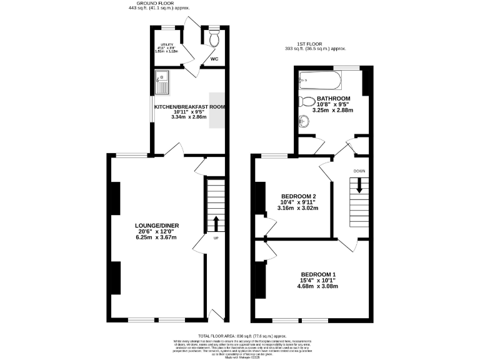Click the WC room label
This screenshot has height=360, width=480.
click(x=214, y=59)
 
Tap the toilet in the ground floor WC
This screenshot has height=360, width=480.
click(x=214, y=40)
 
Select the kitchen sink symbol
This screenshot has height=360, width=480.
click(x=164, y=80)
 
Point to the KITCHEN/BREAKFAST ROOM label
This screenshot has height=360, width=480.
click(x=189, y=107)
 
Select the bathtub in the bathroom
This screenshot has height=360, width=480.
click(x=320, y=80)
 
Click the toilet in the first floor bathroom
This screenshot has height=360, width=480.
click(x=307, y=102)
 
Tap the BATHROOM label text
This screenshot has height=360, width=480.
click(x=333, y=99)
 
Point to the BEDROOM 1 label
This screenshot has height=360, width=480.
click(x=318, y=274)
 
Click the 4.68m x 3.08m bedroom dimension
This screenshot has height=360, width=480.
click(x=318, y=287)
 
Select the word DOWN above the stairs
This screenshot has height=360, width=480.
click(x=360, y=171)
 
